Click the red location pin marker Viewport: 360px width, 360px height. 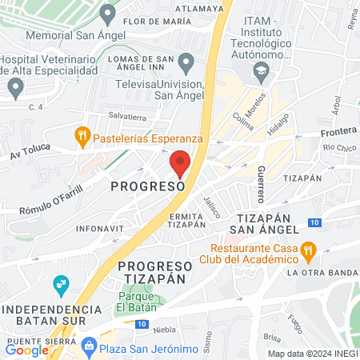tap(180, 162)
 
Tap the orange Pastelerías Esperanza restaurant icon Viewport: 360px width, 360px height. tap(81, 137)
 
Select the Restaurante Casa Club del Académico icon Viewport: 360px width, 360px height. tap(308, 253)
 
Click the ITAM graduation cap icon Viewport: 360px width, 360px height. tap(261, 71)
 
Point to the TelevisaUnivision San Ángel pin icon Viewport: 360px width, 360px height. tap(186, 62)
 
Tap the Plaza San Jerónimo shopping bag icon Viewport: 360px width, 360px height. tap(90, 345)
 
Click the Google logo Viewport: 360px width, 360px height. tap(26, 350)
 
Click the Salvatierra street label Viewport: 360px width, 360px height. tap(128, 115)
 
